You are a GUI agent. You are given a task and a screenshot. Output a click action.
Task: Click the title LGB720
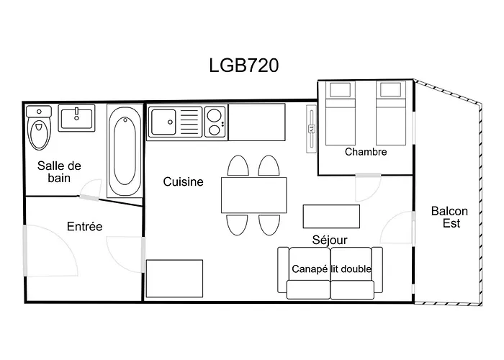tap(243, 65)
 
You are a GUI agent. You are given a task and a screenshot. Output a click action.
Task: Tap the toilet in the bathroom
tap(38, 130)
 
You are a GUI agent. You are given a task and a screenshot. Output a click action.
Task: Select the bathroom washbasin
tap(77, 117)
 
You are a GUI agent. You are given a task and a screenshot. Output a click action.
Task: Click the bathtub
tap(125, 151)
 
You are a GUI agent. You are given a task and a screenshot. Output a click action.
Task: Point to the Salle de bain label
tap(59, 171)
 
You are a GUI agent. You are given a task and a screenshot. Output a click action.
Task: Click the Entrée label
tap(84, 226)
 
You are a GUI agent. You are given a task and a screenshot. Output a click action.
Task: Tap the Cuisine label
tap(183, 182)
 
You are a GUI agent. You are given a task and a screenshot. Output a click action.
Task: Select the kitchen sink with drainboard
tap(175, 122)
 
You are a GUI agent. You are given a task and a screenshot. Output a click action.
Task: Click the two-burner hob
tap(215, 122)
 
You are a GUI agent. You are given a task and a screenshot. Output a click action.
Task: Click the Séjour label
tap(330, 240)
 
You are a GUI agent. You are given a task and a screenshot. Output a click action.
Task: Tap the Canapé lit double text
tap(331, 269)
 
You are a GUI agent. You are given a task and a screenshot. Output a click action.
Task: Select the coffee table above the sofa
tap(330, 215)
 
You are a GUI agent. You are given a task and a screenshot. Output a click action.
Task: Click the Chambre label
tap(366, 152)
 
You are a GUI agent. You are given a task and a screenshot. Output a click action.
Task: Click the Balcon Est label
tap(449, 217)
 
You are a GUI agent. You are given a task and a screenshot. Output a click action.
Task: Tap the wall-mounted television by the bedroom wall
tap(311, 129)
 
